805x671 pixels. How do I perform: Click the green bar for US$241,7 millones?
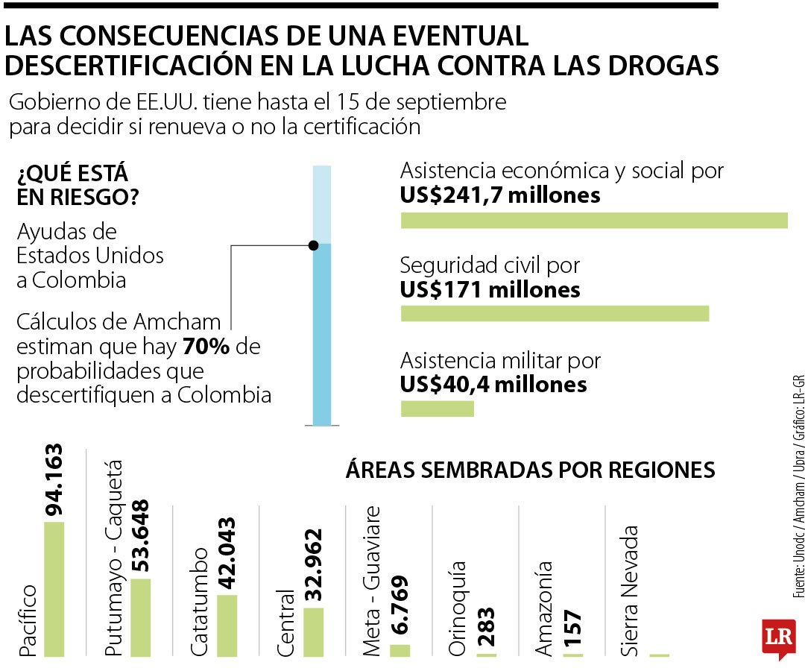(x=594, y=221)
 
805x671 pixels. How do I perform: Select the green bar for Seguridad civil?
(x=555, y=314)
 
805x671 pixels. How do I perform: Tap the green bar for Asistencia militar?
(x=438, y=409)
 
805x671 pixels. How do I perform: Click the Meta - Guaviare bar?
(x=400, y=650)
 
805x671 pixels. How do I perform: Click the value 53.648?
(x=140, y=536)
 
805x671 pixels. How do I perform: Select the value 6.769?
(x=400, y=605)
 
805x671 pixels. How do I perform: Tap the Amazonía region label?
(x=545, y=609)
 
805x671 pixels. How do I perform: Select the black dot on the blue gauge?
(x=314, y=245)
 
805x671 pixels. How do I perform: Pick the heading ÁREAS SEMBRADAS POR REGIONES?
(x=530, y=470)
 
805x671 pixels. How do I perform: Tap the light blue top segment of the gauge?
(x=321, y=204)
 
